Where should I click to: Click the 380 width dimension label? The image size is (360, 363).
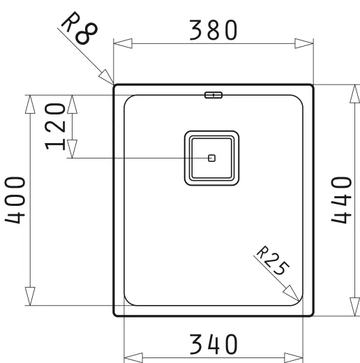(213, 30)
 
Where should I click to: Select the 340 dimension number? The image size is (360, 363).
(213, 344)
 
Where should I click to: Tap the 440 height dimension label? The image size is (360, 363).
(341, 200)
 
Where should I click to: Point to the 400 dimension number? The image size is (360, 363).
(15, 200)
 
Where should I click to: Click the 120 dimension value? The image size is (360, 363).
(55, 126)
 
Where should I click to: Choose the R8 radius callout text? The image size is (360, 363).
(80, 28)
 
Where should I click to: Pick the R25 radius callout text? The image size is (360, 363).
(273, 260)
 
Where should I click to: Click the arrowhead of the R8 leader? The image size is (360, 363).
(107, 77)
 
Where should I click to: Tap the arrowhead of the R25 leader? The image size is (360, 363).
(291, 293)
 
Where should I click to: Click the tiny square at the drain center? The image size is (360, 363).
(211, 158)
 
